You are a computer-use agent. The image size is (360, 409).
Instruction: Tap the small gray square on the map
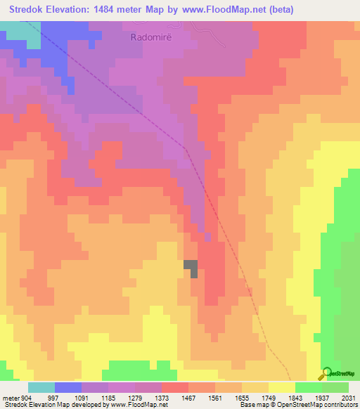191,266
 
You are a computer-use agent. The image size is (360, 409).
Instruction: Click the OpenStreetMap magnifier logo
326,374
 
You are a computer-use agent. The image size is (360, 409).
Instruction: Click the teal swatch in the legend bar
41,387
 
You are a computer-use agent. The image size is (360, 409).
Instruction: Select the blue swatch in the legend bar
68,387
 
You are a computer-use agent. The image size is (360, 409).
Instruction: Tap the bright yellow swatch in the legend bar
282,387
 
